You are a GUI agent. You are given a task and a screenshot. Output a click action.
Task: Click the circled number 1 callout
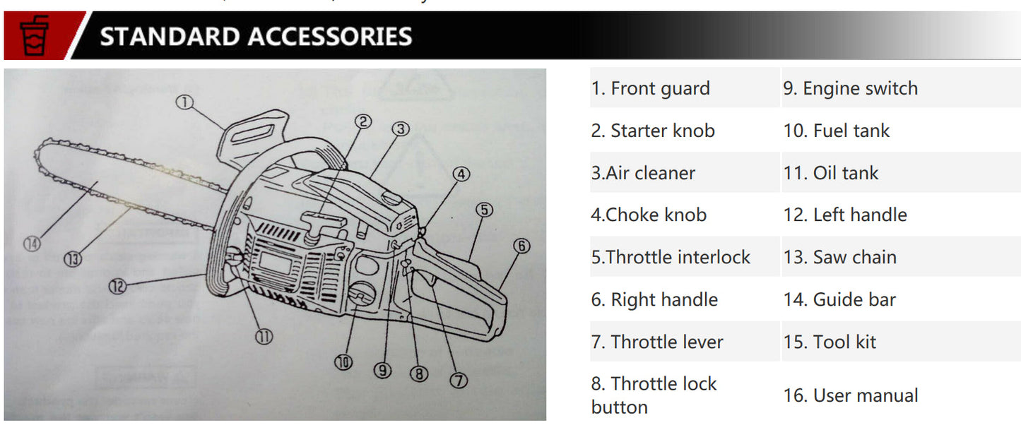coord(185,103)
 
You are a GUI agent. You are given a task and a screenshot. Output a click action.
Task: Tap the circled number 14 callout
coord(32,244)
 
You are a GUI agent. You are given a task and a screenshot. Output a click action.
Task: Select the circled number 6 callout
coord(521,246)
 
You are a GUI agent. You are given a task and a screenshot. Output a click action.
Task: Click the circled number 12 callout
coord(118,286)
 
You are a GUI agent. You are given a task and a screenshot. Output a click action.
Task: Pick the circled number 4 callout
coord(461,174)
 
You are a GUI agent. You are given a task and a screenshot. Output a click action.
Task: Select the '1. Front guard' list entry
coord(650,88)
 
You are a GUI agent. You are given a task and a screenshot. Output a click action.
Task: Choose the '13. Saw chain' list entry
coord(839,257)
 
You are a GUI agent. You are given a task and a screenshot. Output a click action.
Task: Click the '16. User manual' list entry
coord(850,395)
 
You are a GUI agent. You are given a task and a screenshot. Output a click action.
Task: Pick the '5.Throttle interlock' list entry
coord(671,257)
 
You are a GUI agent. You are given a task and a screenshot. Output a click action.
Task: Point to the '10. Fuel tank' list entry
coord(836,131)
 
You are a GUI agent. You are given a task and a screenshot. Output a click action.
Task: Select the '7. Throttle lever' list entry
coord(657,342)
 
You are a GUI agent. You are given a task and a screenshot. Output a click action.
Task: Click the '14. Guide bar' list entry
coord(839,299)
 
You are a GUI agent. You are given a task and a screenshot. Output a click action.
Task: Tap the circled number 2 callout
coord(362,121)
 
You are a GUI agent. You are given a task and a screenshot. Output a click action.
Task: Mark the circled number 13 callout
coord(73,259)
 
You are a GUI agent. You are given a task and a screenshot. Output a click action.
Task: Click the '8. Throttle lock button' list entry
coord(654,395)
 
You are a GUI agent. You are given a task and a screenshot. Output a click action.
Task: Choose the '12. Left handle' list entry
coord(845,215)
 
